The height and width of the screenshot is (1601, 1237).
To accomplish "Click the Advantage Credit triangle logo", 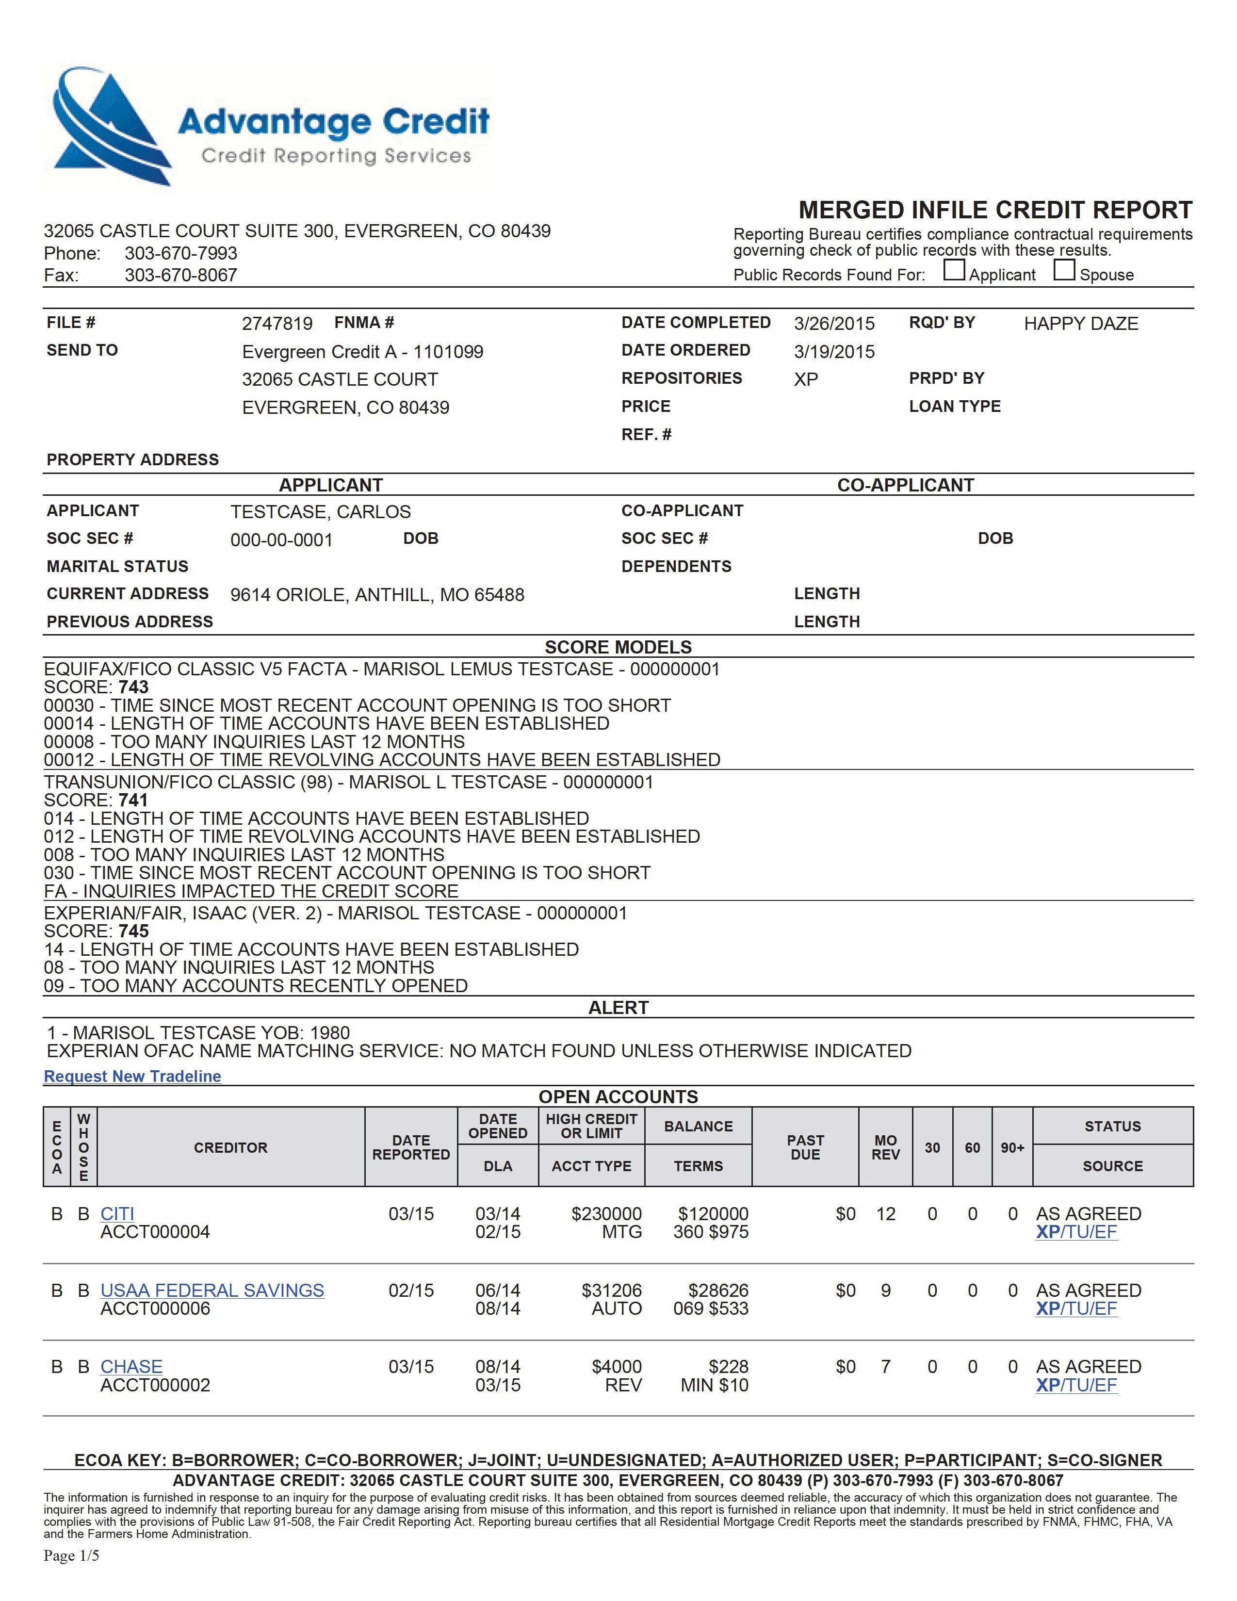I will click(x=110, y=126).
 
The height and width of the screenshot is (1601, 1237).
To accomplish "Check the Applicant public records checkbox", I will click(x=953, y=271).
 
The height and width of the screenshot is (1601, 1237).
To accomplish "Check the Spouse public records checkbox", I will click(x=1064, y=271).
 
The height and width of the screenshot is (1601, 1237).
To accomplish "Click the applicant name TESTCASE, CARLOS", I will click(x=320, y=512).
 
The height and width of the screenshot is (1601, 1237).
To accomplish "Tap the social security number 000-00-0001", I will click(x=281, y=540).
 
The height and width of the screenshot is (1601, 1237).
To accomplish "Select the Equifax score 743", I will click(x=133, y=687).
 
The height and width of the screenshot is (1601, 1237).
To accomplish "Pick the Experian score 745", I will click(x=133, y=931).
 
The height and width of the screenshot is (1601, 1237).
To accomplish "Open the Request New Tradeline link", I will click(x=132, y=1076).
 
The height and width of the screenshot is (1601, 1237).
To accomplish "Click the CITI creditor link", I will click(x=117, y=1214).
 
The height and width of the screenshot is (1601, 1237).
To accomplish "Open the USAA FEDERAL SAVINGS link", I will click(x=212, y=1290).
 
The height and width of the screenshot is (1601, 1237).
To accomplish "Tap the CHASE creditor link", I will click(x=131, y=1366).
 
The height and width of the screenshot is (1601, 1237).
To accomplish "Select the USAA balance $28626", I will click(x=717, y=1290).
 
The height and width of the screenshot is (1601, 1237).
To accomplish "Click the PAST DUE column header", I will click(x=805, y=1147).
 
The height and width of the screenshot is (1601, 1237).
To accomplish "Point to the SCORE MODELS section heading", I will click(x=618, y=647).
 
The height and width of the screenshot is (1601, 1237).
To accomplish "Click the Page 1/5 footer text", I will click(x=71, y=1555).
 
